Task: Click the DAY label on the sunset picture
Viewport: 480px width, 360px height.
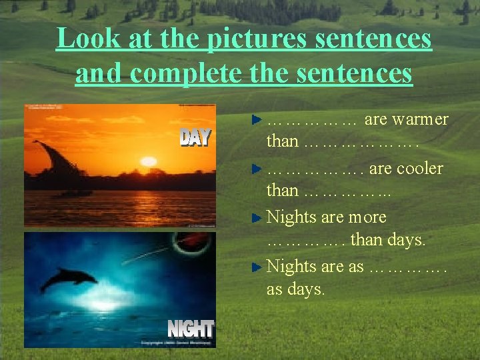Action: tap(195, 137)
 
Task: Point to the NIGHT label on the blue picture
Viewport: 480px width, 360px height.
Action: tap(190, 329)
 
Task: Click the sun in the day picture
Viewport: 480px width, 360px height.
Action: tap(148, 161)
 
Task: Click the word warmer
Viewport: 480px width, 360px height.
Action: tap(420, 120)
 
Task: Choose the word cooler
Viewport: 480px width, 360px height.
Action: tap(419, 169)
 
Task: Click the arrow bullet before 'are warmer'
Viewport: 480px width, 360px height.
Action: tap(257, 121)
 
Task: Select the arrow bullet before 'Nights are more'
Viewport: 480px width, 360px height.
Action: tap(257, 218)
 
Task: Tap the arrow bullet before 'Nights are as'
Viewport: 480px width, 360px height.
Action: tap(257, 267)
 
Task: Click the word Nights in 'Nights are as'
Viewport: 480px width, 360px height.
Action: tap(291, 267)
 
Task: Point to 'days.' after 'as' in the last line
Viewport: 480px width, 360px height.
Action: tap(305, 289)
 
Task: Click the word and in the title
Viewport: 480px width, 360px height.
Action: tap(100, 73)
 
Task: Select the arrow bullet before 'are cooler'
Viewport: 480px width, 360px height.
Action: tap(257, 169)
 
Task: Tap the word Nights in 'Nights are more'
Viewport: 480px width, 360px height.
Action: tap(291, 217)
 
